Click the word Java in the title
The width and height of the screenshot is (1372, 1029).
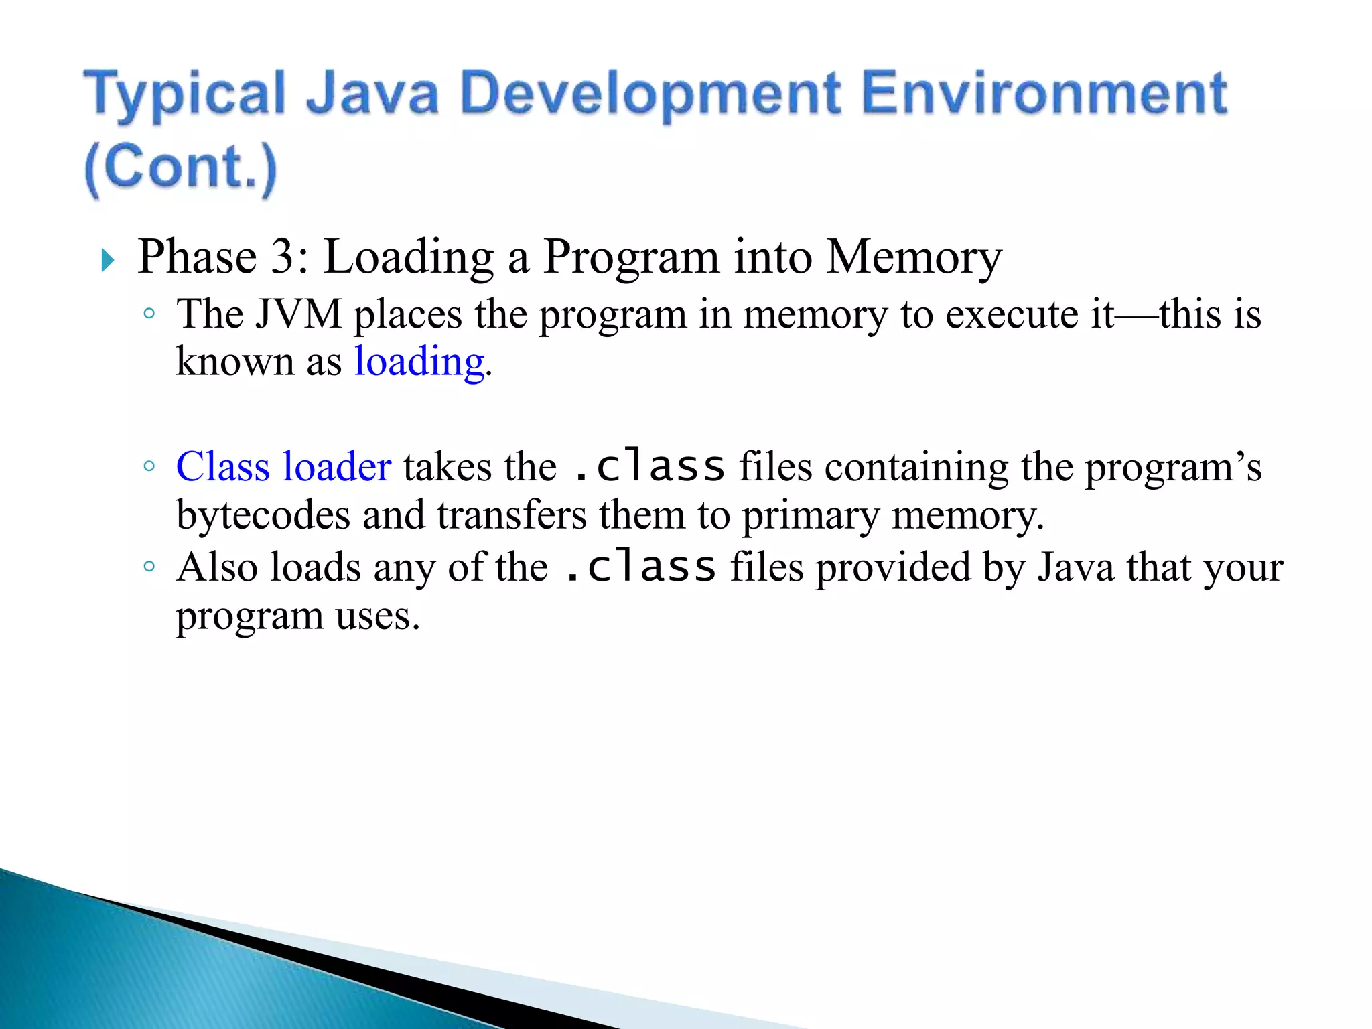tap(372, 94)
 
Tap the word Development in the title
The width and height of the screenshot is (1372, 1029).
tap(650, 94)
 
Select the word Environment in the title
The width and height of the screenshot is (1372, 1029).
tap(1044, 94)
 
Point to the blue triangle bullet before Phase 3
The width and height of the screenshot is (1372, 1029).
tap(107, 260)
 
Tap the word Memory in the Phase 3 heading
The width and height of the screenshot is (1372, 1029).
tap(914, 257)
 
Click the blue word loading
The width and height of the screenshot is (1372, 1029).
tap(419, 362)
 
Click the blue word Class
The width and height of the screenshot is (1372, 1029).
tap(222, 466)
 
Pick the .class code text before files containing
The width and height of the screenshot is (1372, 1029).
tap(649, 466)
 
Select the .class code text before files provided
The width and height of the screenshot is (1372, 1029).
tap(640, 567)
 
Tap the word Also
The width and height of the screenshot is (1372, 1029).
tap(217, 567)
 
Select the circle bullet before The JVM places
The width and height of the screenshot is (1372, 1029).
tap(149, 313)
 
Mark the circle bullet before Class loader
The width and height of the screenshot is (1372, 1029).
tap(149, 466)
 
